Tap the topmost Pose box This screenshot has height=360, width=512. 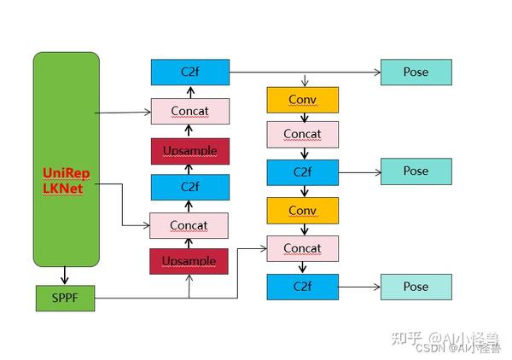click(416, 73)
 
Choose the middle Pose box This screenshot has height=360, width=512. click(416, 171)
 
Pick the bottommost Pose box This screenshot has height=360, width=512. click(416, 287)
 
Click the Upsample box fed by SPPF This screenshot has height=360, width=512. click(189, 260)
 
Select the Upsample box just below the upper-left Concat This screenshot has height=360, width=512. click(189, 151)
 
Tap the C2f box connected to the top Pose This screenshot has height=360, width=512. click(189, 73)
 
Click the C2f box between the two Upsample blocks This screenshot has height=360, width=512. click(189, 187)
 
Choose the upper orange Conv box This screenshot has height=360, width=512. click(302, 100)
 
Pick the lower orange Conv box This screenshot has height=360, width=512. click(302, 210)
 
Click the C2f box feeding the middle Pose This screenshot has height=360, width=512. click(302, 171)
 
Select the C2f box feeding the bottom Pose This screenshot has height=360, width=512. click(302, 287)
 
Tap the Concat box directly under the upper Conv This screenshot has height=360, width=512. click(302, 134)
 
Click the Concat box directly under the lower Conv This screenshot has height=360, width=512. click(302, 248)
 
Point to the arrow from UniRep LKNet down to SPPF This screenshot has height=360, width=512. click(66, 275)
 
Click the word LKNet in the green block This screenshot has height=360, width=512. click(63, 188)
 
